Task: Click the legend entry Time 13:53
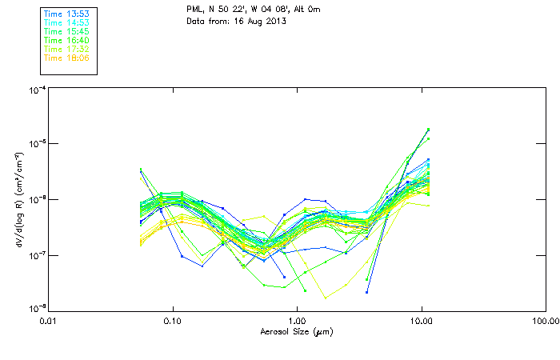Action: (66, 14)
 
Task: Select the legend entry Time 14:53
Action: (66, 22)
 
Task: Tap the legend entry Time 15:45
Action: (66, 31)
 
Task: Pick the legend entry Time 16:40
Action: (66, 40)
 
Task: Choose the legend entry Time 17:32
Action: (66, 49)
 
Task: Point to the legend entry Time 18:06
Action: (66, 58)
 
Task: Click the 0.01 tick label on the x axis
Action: (49, 321)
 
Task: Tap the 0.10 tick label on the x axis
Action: (173, 321)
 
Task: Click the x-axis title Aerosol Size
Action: (296, 331)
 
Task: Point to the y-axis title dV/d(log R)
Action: (18, 199)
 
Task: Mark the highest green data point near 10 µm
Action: (428, 130)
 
